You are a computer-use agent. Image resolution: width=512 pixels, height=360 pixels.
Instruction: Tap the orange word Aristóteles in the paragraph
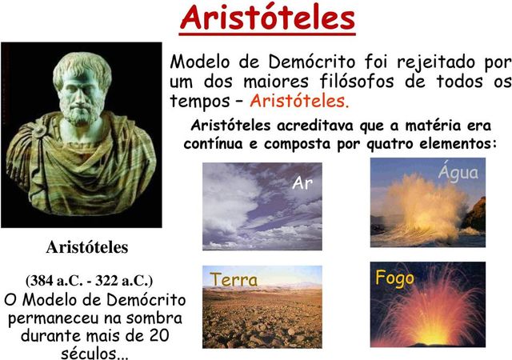click(x=300, y=102)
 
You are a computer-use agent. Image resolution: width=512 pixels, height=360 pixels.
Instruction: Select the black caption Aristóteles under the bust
click(x=86, y=246)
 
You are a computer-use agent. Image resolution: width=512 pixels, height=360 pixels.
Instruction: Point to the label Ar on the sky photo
click(x=302, y=183)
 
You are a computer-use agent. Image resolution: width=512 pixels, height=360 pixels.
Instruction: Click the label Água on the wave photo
click(x=458, y=173)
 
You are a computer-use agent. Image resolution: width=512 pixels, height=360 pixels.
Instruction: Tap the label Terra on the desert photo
click(x=234, y=279)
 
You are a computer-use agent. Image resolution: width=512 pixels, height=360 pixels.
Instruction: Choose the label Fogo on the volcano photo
click(x=395, y=278)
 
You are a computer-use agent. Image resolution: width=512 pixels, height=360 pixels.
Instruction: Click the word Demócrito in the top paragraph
click(x=305, y=62)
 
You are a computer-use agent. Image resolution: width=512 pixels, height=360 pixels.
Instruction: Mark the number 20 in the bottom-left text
click(x=160, y=335)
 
